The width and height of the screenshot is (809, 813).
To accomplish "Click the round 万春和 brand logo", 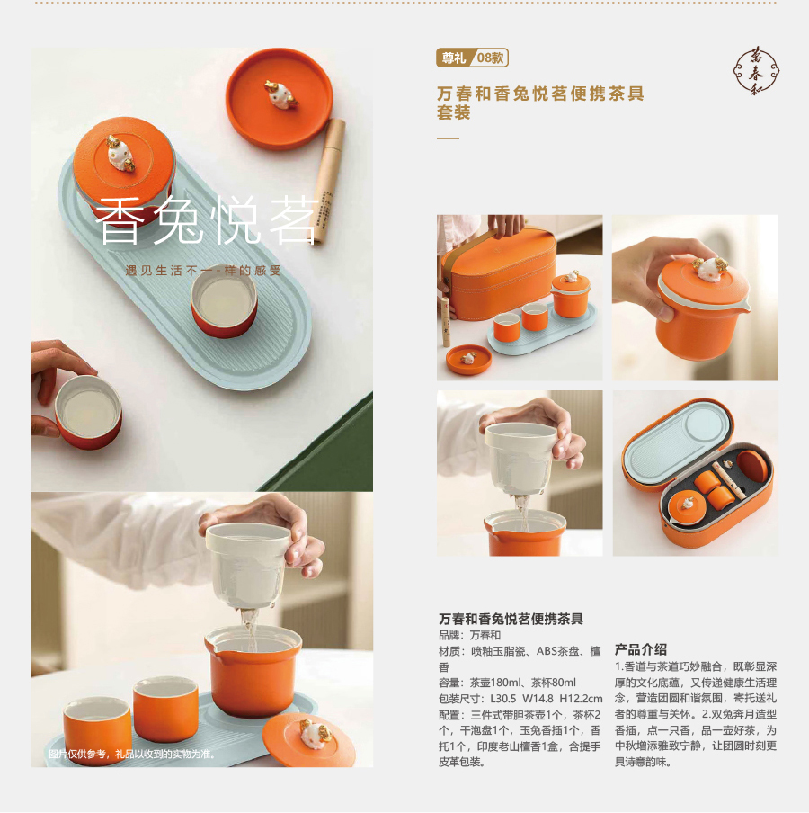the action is [x=756, y=71].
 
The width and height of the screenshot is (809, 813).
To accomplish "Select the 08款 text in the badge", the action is [x=490, y=58].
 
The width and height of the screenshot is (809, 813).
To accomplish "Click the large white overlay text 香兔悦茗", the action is [x=207, y=219].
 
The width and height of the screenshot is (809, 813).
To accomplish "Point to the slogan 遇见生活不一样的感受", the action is [x=204, y=271].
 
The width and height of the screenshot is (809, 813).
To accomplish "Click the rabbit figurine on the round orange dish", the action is [x=280, y=94].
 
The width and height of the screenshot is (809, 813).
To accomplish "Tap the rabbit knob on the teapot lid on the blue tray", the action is [x=120, y=153].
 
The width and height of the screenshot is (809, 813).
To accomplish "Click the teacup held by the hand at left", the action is [x=88, y=412].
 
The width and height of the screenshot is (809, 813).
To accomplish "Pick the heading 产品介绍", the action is [x=641, y=649].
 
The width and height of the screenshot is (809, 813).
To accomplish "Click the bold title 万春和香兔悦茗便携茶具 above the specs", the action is [x=511, y=619].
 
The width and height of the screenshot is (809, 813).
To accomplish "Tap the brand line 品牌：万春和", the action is [x=469, y=635].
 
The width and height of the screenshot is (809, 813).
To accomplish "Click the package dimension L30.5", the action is [x=502, y=699].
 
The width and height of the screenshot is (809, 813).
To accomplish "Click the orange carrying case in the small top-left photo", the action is [x=500, y=272].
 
